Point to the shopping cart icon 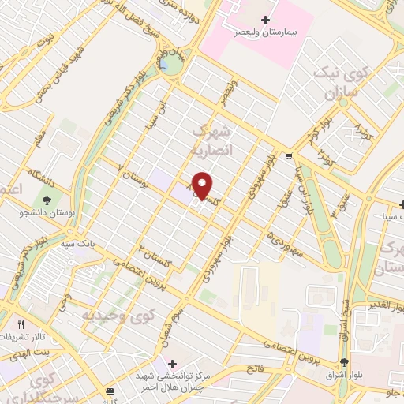coord(290,155)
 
